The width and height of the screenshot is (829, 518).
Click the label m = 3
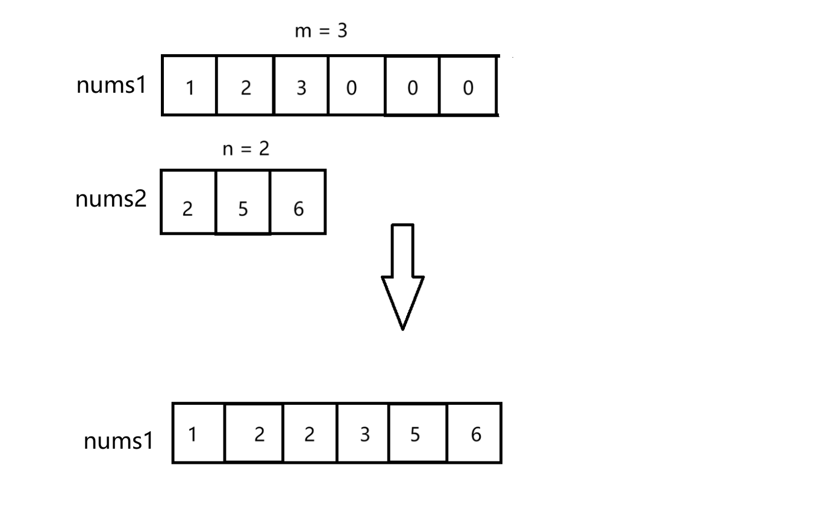(x=321, y=31)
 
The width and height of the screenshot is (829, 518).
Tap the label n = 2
(x=246, y=149)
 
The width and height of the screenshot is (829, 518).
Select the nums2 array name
(x=111, y=199)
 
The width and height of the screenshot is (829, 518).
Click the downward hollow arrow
(x=402, y=276)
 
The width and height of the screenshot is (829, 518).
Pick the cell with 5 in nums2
(x=243, y=202)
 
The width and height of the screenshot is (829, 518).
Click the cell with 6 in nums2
(x=298, y=202)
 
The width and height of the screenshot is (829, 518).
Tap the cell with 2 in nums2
(x=188, y=202)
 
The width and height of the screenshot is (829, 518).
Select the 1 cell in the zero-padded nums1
(x=189, y=86)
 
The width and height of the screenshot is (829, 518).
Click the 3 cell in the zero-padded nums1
(x=301, y=86)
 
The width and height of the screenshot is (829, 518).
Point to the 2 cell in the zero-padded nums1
(x=245, y=86)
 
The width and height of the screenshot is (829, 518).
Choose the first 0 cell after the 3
(x=357, y=86)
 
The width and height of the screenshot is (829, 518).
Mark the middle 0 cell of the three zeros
(x=412, y=86)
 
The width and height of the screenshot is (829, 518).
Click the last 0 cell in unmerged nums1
(x=468, y=86)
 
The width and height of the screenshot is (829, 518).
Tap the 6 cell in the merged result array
(x=475, y=433)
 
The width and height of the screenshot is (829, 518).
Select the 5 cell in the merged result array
(x=418, y=433)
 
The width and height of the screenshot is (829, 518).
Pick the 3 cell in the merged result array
(x=363, y=433)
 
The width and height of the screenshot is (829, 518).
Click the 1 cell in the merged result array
(x=198, y=433)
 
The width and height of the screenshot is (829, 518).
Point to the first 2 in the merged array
(x=254, y=433)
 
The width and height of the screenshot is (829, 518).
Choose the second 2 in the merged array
(x=310, y=433)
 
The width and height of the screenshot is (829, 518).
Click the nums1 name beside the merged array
(x=119, y=441)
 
